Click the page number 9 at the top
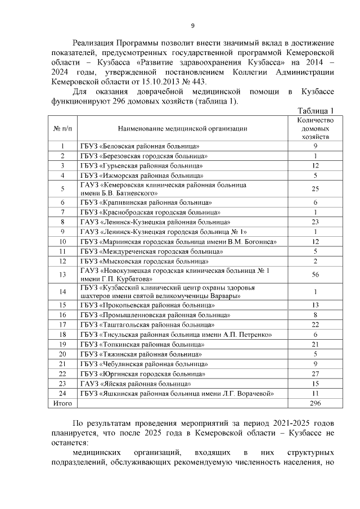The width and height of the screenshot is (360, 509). pos(192,25)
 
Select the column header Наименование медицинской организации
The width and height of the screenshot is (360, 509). pos(183,128)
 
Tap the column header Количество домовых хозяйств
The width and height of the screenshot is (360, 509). pos(316,128)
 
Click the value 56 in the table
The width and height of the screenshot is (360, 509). pos(316,274)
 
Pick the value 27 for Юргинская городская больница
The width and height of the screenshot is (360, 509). pos(316,373)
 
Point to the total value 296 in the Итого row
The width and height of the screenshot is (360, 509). pos(316,404)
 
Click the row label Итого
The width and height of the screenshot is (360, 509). pos(62,404)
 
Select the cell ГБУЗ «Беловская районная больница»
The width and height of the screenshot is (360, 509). pos(140,146)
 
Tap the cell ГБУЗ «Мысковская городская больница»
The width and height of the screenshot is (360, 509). pos(144,261)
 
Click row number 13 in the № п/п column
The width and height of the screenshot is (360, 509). pos(62,274)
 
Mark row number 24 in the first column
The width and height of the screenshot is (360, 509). pos(62,394)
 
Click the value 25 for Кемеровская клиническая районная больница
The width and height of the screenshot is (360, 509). pos(316,188)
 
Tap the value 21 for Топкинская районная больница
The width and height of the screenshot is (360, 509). pos(316,344)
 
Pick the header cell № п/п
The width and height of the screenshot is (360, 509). pos(62,128)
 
